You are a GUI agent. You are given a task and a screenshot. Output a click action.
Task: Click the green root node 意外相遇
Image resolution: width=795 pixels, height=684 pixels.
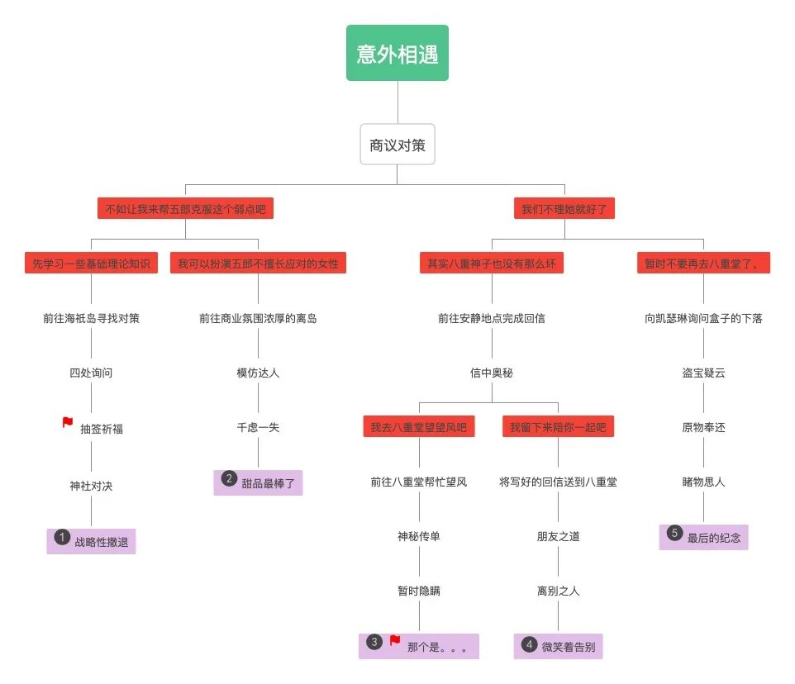tap(397, 54)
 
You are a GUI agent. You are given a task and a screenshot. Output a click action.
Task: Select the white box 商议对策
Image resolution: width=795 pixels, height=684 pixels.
tap(397, 145)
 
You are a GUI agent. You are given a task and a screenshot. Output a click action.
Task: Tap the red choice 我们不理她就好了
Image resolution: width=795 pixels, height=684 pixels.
tap(564, 208)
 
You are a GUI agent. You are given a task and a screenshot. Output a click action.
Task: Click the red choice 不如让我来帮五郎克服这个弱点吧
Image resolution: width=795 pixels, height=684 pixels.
tap(185, 208)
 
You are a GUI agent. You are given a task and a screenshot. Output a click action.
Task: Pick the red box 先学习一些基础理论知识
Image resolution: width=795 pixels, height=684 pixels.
tap(91, 264)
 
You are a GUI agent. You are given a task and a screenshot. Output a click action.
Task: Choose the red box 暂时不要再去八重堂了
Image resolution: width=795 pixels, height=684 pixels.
tap(703, 264)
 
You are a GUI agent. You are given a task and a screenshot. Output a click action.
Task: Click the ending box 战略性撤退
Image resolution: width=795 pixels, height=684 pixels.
tap(91, 542)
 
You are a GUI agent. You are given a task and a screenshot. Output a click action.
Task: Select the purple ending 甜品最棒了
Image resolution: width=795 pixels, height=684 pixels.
tap(258, 483)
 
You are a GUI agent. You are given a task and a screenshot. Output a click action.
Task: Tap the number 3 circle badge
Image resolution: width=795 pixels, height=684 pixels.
tap(374, 642)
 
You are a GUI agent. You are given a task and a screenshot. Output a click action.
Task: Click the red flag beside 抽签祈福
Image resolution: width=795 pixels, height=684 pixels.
tap(68, 423)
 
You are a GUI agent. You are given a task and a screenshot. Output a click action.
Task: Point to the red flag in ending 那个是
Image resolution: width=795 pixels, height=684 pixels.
tap(395, 641)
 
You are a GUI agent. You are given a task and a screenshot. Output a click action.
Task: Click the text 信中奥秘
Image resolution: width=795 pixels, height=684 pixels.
tap(492, 373)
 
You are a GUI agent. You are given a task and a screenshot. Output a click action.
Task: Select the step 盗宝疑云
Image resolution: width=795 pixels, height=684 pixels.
tap(703, 373)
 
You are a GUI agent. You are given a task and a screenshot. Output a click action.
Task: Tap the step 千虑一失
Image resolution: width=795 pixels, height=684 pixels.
tap(258, 427)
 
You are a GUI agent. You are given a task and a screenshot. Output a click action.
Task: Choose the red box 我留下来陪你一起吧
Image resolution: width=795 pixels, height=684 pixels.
tap(558, 427)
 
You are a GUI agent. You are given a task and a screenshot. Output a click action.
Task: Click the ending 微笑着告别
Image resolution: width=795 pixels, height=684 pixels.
tap(558, 647)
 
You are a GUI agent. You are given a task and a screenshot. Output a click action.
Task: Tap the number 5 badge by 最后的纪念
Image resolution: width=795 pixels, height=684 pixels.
tap(674, 533)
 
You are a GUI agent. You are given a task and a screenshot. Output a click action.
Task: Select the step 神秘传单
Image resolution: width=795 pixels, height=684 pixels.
tap(419, 536)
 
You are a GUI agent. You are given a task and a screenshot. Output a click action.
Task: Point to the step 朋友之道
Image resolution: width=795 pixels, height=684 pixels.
tap(558, 536)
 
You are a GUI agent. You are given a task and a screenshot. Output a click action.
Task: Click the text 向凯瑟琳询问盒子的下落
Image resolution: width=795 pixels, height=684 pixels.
tap(703, 318)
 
